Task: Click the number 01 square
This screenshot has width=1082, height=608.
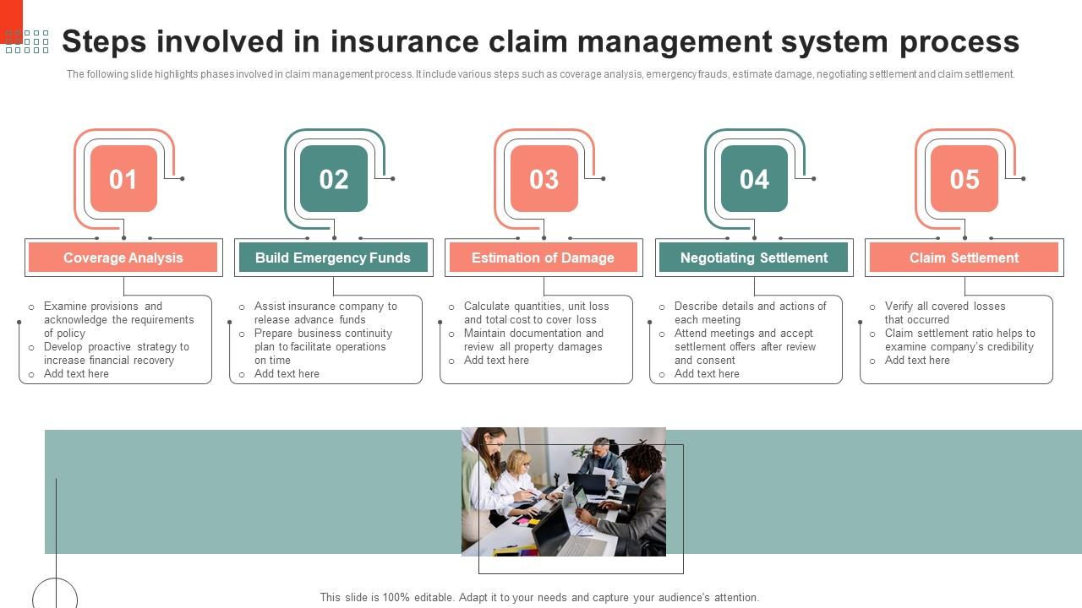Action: pos(123,179)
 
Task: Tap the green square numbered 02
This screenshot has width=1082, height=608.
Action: pos(334,179)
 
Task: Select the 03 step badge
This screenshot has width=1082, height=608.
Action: pos(544,179)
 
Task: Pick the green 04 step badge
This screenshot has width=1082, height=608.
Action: pos(754,179)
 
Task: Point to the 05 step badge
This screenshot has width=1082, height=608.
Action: pos(965,179)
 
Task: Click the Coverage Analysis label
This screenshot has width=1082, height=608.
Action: pos(123,258)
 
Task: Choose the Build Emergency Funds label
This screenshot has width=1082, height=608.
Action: pos(333,258)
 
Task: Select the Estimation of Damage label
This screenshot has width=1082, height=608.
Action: pos(543,258)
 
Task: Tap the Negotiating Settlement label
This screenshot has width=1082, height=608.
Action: pos(754,258)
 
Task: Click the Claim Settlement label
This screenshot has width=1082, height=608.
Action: pos(964,258)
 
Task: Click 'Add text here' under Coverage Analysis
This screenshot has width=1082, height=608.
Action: pos(76,374)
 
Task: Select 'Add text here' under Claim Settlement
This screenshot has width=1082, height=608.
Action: pos(917,361)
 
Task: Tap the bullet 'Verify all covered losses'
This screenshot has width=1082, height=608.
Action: pos(945,307)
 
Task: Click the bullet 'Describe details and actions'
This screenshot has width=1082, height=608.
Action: pos(750,307)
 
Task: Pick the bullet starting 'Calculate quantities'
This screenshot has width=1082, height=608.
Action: pos(536,307)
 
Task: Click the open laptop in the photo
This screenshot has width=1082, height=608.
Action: pos(555,528)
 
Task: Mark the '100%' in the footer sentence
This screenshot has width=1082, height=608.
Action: pos(396,598)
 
